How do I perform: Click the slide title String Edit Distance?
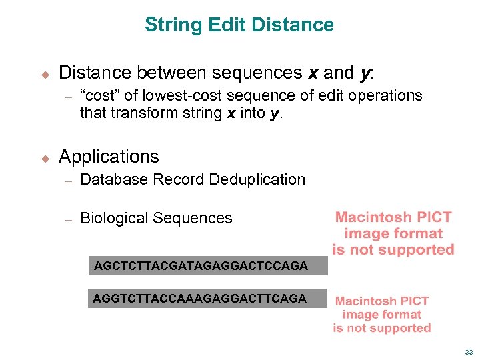coord(239,25)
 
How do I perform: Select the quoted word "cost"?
coord(101,96)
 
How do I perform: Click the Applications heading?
coord(109,157)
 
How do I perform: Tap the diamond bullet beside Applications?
coord(45,158)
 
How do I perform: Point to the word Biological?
coord(114,218)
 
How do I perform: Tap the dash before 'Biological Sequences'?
coord(67,219)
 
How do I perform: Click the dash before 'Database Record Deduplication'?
coord(67,180)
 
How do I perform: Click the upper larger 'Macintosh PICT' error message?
coord(393,233)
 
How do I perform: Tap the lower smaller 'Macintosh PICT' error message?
coord(382,315)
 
